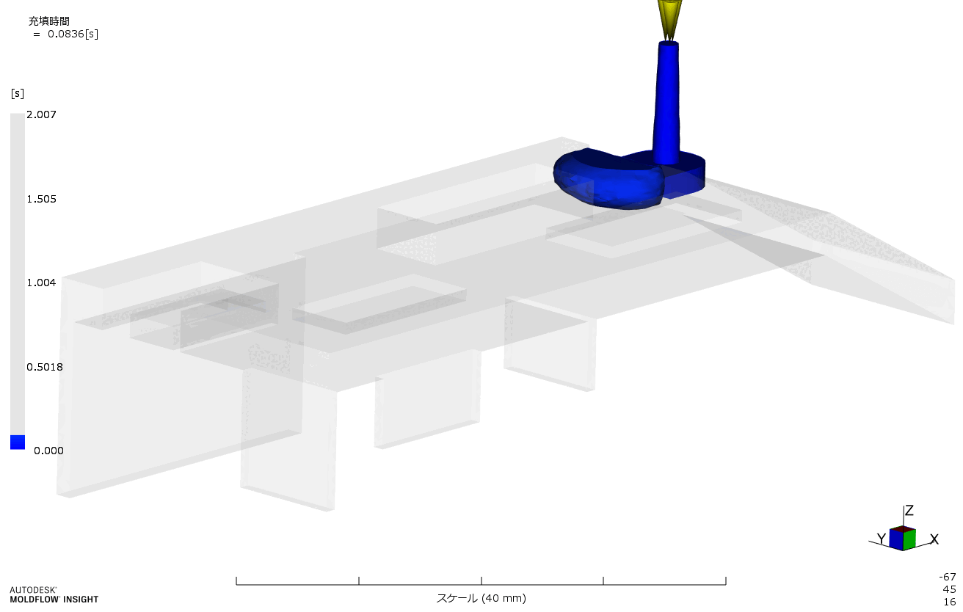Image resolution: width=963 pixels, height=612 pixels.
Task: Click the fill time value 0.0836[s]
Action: [73, 34]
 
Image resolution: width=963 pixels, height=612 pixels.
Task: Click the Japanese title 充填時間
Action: [49, 21]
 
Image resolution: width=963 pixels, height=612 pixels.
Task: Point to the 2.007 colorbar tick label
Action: [41, 114]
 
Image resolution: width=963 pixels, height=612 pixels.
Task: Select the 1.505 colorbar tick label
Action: [41, 199]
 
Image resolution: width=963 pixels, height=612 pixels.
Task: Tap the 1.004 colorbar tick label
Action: [41, 283]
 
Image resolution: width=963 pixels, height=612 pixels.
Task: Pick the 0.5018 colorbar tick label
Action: [45, 367]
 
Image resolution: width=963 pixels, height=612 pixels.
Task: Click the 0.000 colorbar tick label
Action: [48, 451]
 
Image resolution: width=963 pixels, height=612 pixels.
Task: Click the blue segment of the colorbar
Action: [18, 442]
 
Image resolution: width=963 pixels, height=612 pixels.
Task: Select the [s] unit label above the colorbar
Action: [17, 93]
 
